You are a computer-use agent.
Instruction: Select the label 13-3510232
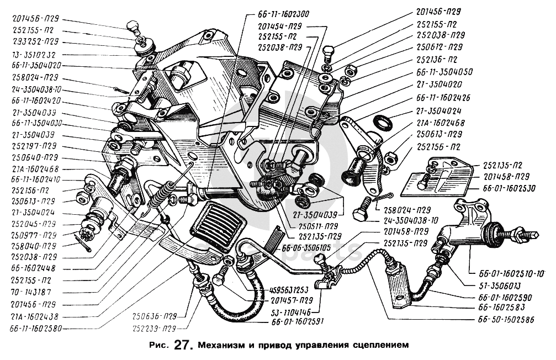click(34, 55)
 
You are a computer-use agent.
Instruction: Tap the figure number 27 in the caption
click(182, 346)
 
